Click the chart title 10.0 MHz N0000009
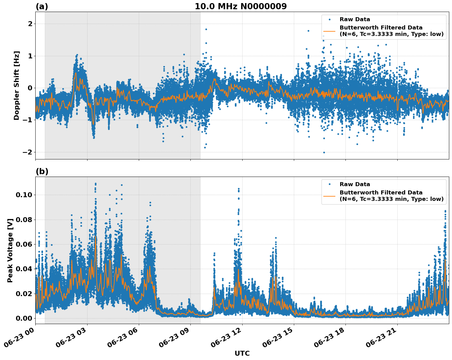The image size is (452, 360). click(240, 6)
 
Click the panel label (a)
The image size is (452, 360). click(42, 6)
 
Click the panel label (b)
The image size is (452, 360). click(42, 171)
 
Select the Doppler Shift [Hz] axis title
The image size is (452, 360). click(17, 85)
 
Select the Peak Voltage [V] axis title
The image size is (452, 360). click(10, 250)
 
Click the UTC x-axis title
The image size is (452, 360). click(242, 353)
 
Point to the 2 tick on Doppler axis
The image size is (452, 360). click(30, 24)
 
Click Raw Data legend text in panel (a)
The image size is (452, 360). click(355, 20)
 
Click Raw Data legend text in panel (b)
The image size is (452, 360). click(355, 184)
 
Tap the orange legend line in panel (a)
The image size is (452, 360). click(329, 31)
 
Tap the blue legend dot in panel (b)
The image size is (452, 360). click(329, 184)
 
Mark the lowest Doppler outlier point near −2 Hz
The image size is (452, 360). click(324, 152)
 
